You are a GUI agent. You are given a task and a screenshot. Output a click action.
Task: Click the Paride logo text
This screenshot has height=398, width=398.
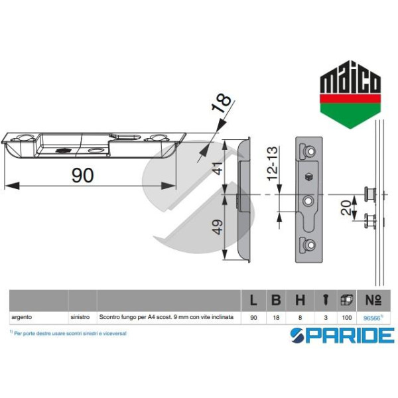[x=342, y=335]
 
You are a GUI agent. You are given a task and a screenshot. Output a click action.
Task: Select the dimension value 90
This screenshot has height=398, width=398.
[x=82, y=176]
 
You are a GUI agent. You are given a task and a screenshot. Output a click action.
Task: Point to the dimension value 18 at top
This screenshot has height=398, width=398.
[x=224, y=102]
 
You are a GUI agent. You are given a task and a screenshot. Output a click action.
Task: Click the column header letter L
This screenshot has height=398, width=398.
[x=253, y=300]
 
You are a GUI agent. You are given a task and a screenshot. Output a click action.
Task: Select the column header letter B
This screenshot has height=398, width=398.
[x=276, y=300]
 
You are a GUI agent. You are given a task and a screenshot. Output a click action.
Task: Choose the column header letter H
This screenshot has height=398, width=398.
[x=300, y=300]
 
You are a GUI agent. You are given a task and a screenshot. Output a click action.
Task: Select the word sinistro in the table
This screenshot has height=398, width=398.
[x=80, y=318]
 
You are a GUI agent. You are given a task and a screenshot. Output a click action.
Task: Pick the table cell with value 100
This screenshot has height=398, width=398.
[x=347, y=318]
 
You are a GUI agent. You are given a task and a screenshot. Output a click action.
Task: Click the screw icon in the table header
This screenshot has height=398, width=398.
[x=324, y=300]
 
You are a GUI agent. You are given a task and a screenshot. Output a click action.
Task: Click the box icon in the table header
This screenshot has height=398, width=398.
[x=347, y=300]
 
